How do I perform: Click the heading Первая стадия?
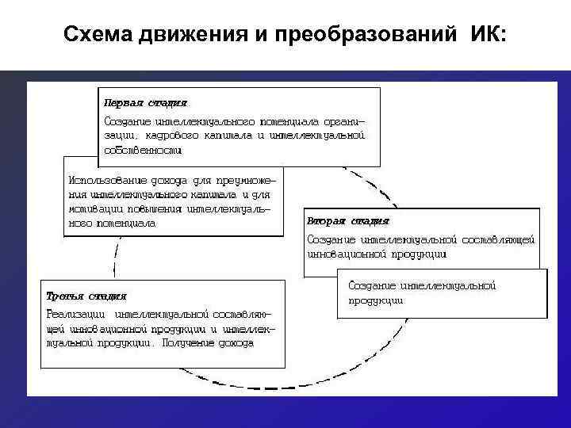pyautogui.click(x=146, y=103)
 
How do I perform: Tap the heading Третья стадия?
pyautogui.click(x=86, y=296)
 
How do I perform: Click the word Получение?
pyautogui.click(x=194, y=343)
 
